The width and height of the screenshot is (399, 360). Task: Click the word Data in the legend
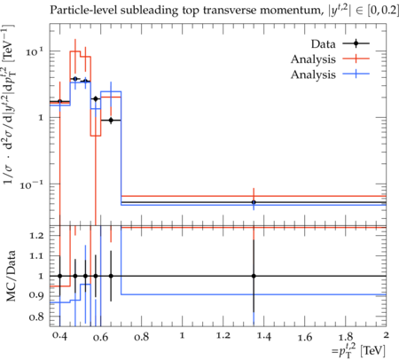pos(324,44)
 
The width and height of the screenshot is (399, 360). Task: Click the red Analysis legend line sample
pos(356,59)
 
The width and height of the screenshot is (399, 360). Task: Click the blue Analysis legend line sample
pos(356,74)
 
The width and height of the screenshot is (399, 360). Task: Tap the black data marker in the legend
pos(356,43)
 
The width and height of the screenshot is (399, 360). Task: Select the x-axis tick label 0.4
pos(59,337)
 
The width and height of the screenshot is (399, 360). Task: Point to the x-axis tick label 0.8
pos(141,337)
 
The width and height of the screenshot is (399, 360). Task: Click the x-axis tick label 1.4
pos(263,337)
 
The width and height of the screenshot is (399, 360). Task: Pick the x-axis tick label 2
pos(386,335)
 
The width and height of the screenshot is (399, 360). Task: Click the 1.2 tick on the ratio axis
pos(37,236)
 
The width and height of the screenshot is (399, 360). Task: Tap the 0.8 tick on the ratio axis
pos(37,317)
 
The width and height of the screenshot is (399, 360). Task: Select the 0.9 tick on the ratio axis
pos(37,295)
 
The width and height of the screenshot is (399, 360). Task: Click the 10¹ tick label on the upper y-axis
pos(35,51)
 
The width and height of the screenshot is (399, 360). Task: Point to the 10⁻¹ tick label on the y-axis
pos(32,184)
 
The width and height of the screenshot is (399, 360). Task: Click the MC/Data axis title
pos(11,276)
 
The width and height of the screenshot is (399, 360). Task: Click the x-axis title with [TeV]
pos(358,351)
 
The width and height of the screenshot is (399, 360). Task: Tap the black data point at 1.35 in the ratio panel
pos(254,276)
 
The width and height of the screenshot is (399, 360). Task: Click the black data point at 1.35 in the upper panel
pos(254,202)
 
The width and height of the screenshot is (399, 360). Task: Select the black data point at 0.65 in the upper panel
pos(111,120)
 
